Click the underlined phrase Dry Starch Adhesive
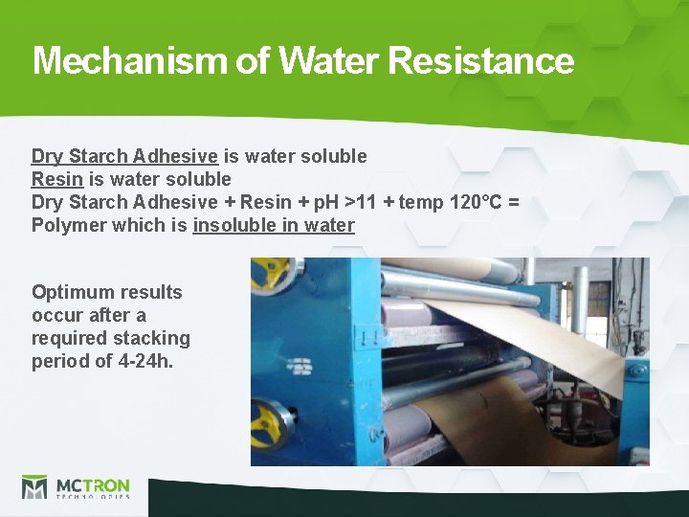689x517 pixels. pos(124,156)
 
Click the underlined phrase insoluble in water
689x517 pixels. pos(274,225)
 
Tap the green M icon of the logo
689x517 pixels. pos(34,487)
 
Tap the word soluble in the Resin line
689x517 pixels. pos(199,179)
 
